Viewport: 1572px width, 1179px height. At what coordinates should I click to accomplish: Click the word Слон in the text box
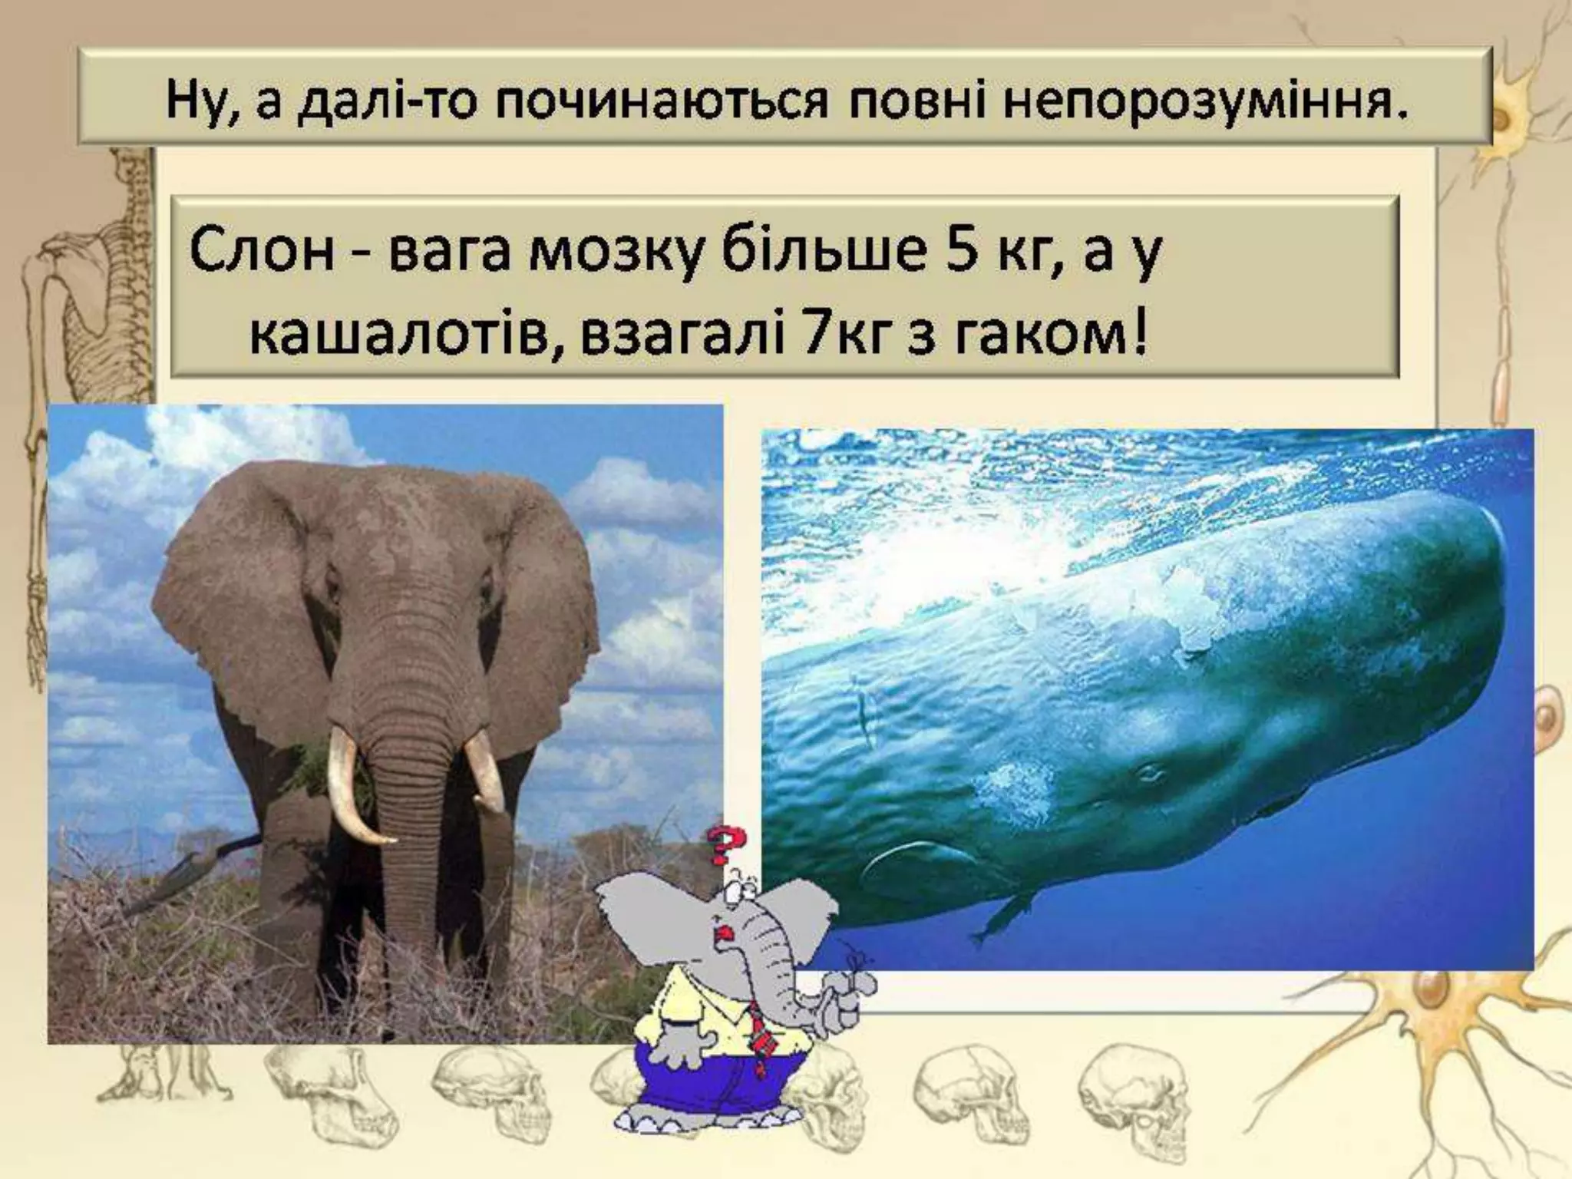click(x=262, y=251)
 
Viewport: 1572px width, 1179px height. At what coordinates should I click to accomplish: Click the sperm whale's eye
click(x=1149, y=773)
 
